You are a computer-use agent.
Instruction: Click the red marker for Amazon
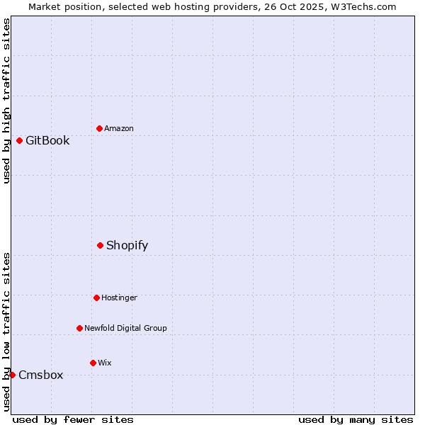(x=99, y=128)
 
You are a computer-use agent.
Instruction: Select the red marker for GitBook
(x=19, y=140)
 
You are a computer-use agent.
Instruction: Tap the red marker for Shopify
(x=100, y=245)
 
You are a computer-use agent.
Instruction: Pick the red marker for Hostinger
(x=96, y=297)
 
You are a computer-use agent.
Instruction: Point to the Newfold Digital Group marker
(x=79, y=328)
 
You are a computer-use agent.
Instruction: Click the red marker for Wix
(x=93, y=363)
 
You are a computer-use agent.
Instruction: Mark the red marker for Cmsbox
(x=12, y=375)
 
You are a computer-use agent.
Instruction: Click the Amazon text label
(x=119, y=128)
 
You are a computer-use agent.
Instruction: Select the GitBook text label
(x=47, y=140)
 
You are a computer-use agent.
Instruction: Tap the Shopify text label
(x=127, y=245)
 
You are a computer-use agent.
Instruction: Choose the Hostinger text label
(x=119, y=297)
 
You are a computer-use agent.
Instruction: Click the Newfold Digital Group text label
(x=125, y=328)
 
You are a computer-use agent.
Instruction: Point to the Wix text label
(x=104, y=363)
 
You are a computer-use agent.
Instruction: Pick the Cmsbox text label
(x=40, y=375)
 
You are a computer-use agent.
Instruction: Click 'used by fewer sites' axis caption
(x=73, y=419)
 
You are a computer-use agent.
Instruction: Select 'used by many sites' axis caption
(x=356, y=419)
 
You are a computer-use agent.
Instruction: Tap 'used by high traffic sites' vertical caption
(x=6, y=101)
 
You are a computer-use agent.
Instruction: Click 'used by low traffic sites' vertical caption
(x=6, y=331)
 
